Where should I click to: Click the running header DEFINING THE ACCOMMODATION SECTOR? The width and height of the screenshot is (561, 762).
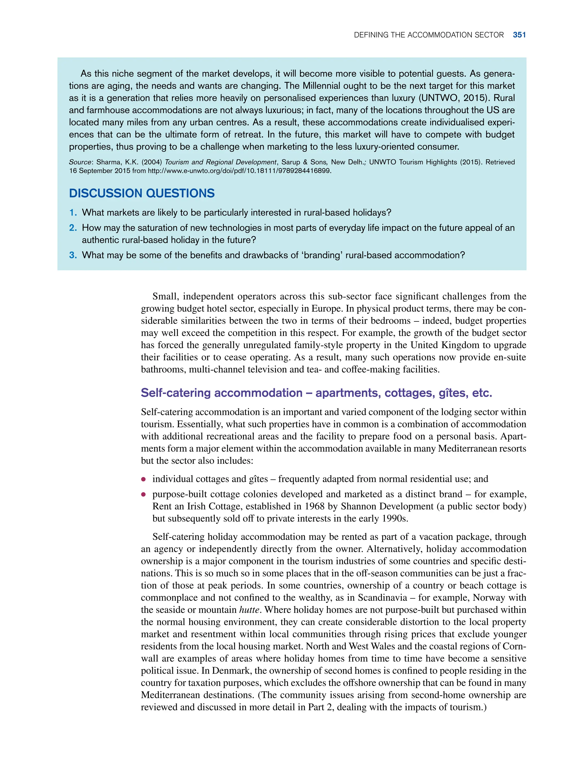point(429,35)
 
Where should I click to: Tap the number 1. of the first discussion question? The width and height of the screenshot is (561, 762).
point(73,212)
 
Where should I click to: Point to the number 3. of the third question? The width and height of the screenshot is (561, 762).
point(73,255)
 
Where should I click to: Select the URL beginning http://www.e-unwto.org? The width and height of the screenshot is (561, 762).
point(239,171)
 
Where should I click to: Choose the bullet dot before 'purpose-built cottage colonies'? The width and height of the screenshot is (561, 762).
point(144,494)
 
